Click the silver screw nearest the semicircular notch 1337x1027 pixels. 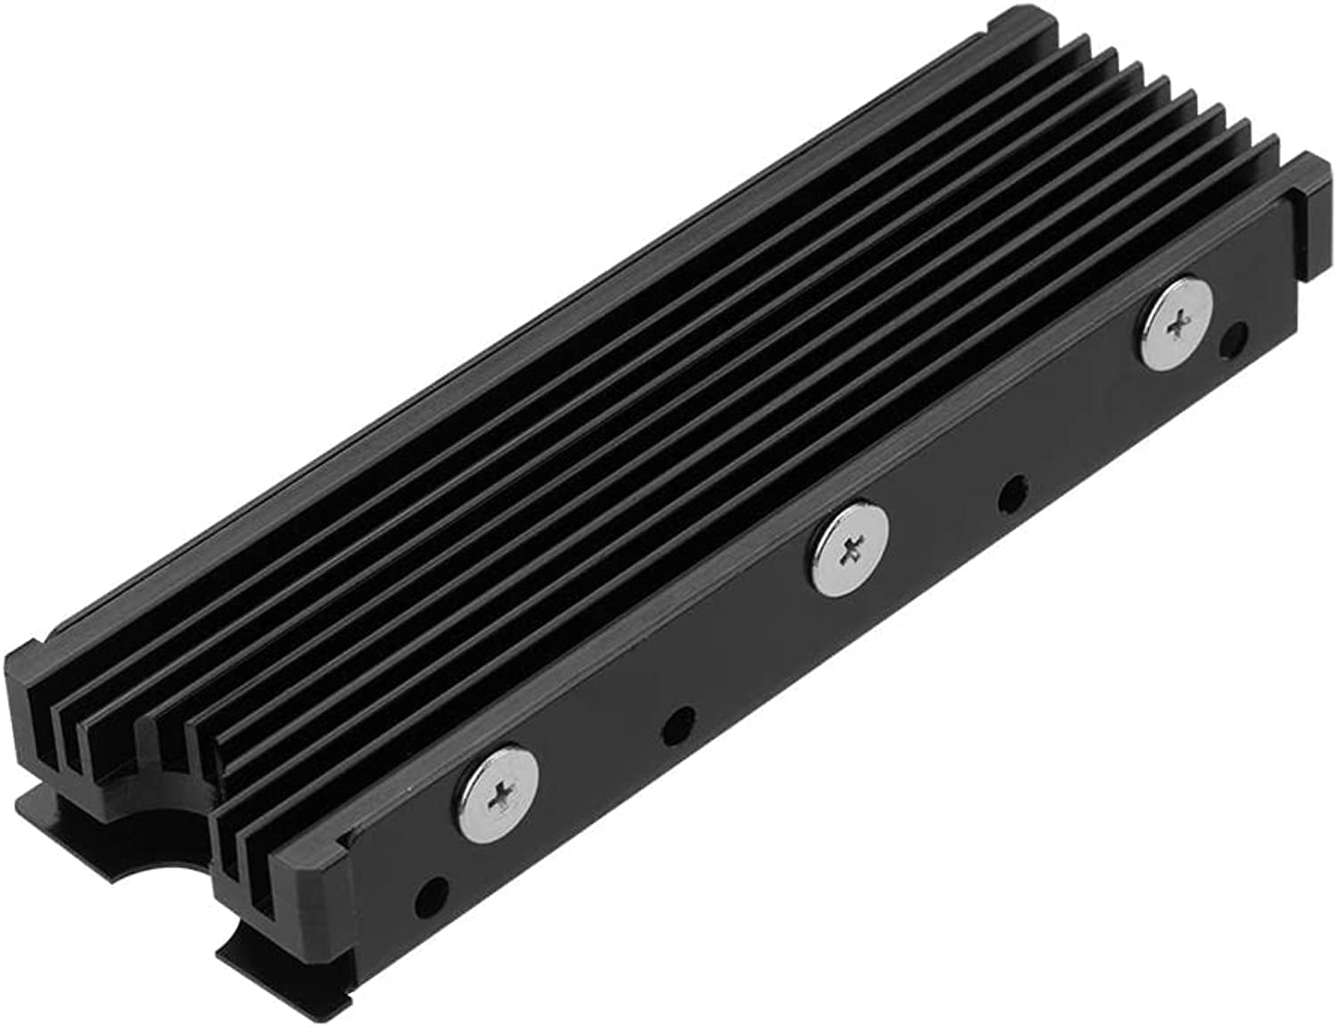[x=499, y=792]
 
